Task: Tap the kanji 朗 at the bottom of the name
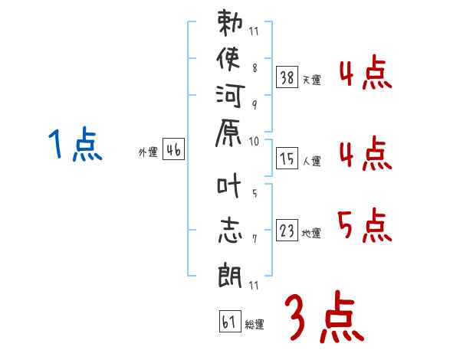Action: (x=230, y=272)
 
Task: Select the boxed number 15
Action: (x=287, y=159)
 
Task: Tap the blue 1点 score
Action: (x=75, y=146)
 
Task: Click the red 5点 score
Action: (x=364, y=226)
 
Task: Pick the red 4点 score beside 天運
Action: (x=364, y=74)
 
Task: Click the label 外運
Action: (x=147, y=152)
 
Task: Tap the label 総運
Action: (x=255, y=325)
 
